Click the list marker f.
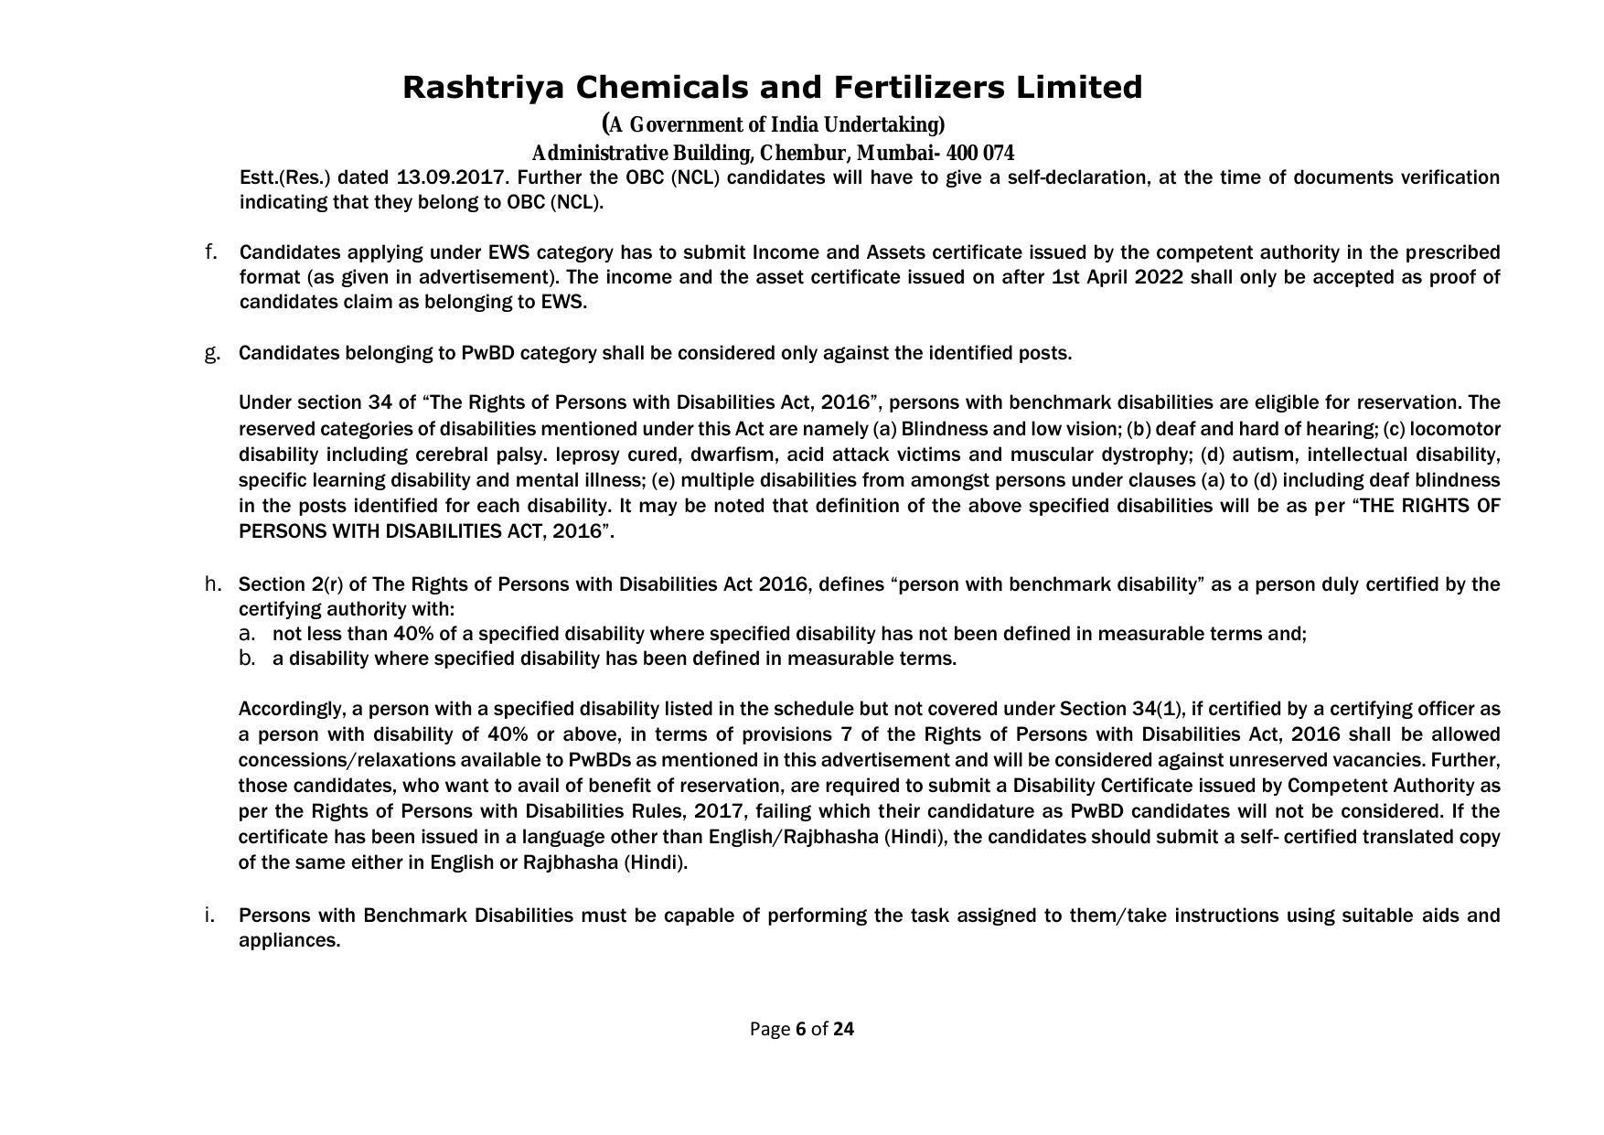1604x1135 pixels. point(210,252)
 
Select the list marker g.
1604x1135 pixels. point(212,353)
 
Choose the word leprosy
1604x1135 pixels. point(586,455)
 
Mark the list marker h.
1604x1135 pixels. point(212,584)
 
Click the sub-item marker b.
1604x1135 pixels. point(246,659)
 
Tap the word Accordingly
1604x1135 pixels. point(290,709)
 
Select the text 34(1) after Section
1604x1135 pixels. point(1157,709)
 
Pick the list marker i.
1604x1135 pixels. point(209,915)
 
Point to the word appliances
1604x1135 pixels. point(288,940)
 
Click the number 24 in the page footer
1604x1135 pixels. point(843,1029)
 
